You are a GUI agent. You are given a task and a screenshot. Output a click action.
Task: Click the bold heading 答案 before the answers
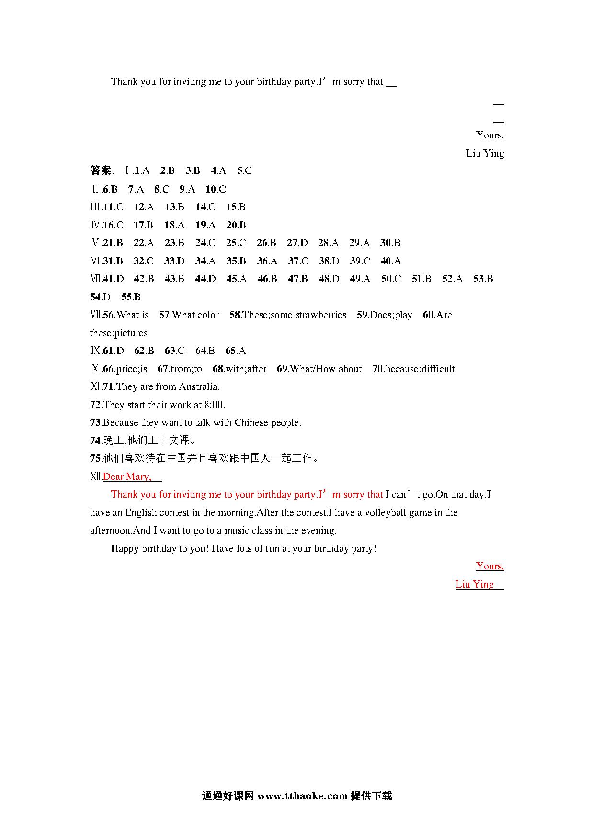102,170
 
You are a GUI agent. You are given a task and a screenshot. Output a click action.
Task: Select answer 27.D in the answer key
297,243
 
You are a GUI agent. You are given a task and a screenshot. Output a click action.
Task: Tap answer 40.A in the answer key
390,261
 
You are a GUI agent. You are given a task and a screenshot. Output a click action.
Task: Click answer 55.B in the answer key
131,297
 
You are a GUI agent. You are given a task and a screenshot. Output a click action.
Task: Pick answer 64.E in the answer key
205,351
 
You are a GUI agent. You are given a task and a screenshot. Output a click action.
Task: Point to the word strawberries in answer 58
320,315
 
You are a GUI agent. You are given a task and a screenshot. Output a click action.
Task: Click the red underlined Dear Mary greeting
127,477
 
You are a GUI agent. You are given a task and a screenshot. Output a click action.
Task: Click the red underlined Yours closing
490,566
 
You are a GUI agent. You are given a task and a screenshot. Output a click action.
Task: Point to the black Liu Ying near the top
485,153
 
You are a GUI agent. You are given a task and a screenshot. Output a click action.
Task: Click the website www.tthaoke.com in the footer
302,796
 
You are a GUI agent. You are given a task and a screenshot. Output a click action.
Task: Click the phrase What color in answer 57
195,315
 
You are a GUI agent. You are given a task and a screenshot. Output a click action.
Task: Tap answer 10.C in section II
216,189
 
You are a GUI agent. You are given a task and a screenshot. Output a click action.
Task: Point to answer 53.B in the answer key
483,279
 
